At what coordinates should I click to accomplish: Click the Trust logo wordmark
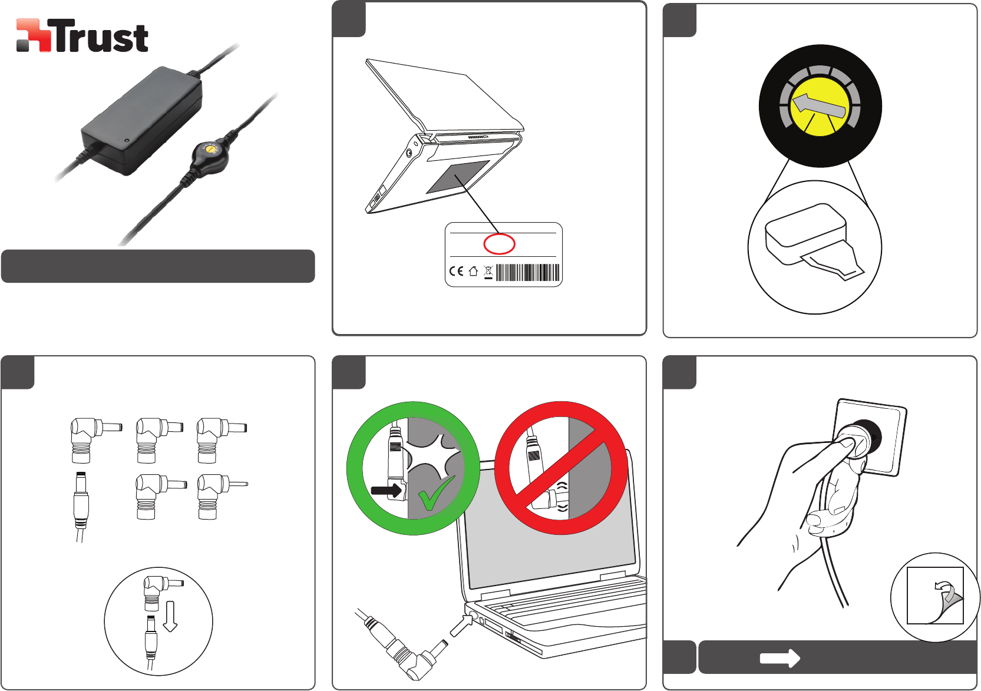pos(101,37)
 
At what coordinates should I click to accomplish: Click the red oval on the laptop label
pos(499,244)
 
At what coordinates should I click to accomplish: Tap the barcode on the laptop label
pos(527,272)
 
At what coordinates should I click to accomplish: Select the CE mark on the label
pos(457,272)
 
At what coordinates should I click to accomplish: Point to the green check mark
pos(435,494)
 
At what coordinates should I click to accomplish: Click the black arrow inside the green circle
pos(387,491)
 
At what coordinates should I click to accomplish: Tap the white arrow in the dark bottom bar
pos(780,658)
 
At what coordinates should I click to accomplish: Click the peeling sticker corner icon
pos(935,596)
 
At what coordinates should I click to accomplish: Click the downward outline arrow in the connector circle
pos(170,616)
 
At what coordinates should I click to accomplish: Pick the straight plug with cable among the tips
pos(81,507)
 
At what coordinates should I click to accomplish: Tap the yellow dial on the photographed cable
pos(211,149)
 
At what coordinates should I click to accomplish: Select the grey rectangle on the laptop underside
pos(458,177)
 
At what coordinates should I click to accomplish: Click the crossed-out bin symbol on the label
pos(488,272)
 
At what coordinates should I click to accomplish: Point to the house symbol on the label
pos(473,272)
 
